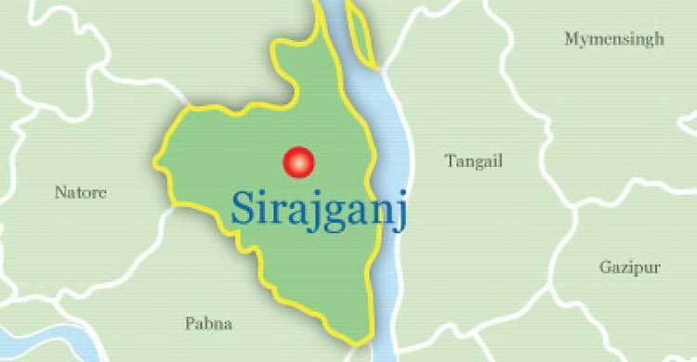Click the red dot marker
(x=298, y=162)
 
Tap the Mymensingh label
(x=614, y=39)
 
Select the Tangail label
(x=473, y=162)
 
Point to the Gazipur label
(x=629, y=267)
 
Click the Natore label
(x=80, y=193)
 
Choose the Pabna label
(x=208, y=324)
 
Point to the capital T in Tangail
(x=449, y=161)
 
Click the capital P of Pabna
(x=190, y=324)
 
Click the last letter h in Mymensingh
(x=659, y=39)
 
